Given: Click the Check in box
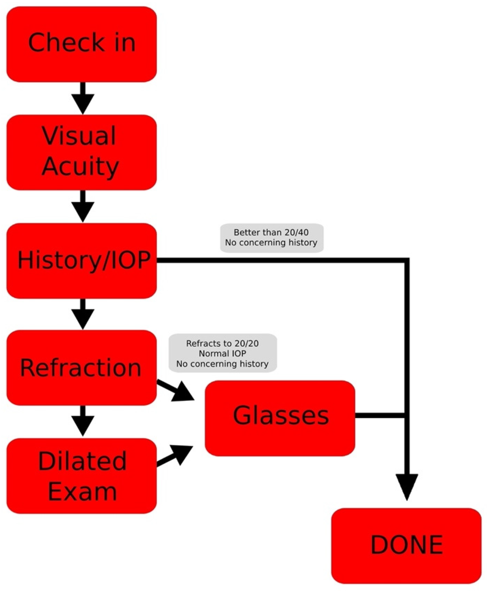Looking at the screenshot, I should [81, 44].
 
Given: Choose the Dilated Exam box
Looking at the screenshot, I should [81, 476].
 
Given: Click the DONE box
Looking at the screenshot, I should [406, 546].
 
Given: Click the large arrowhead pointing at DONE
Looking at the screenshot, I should [407, 486].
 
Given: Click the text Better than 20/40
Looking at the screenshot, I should [271, 232].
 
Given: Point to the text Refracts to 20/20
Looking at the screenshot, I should [222, 343].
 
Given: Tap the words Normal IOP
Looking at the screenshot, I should [222, 353].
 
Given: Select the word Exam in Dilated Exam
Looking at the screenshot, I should [82, 492].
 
